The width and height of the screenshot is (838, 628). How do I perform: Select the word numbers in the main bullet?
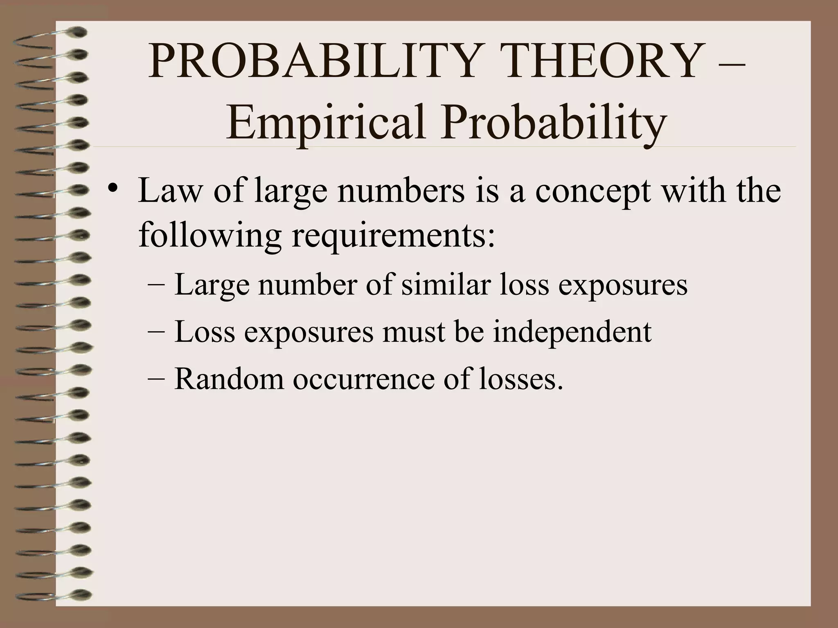[x=401, y=191]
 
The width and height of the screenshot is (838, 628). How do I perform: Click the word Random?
[x=229, y=378]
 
